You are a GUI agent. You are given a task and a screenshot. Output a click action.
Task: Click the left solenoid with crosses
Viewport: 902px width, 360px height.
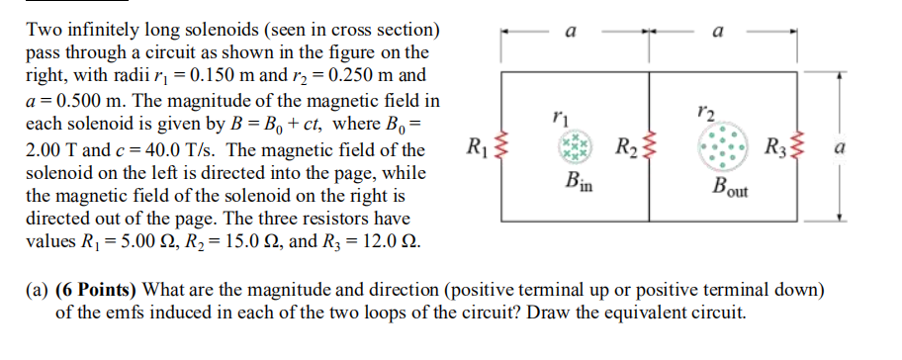pyautogui.click(x=574, y=150)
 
